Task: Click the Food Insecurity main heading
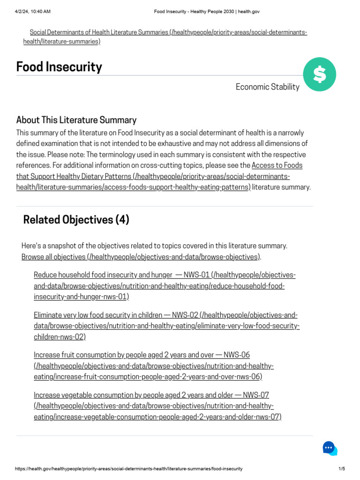click(59, 67)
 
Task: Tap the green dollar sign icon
click(319, 75)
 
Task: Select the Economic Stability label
click(267, 87)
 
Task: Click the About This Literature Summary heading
click(76, 120)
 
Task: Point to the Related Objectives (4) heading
click(76, 220)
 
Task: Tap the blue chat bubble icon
click(330, 448)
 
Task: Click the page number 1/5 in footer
click(341, 469)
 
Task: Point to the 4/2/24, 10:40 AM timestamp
click(33, 11)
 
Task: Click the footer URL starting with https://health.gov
click(129, 469)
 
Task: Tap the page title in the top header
click(207, 11)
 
